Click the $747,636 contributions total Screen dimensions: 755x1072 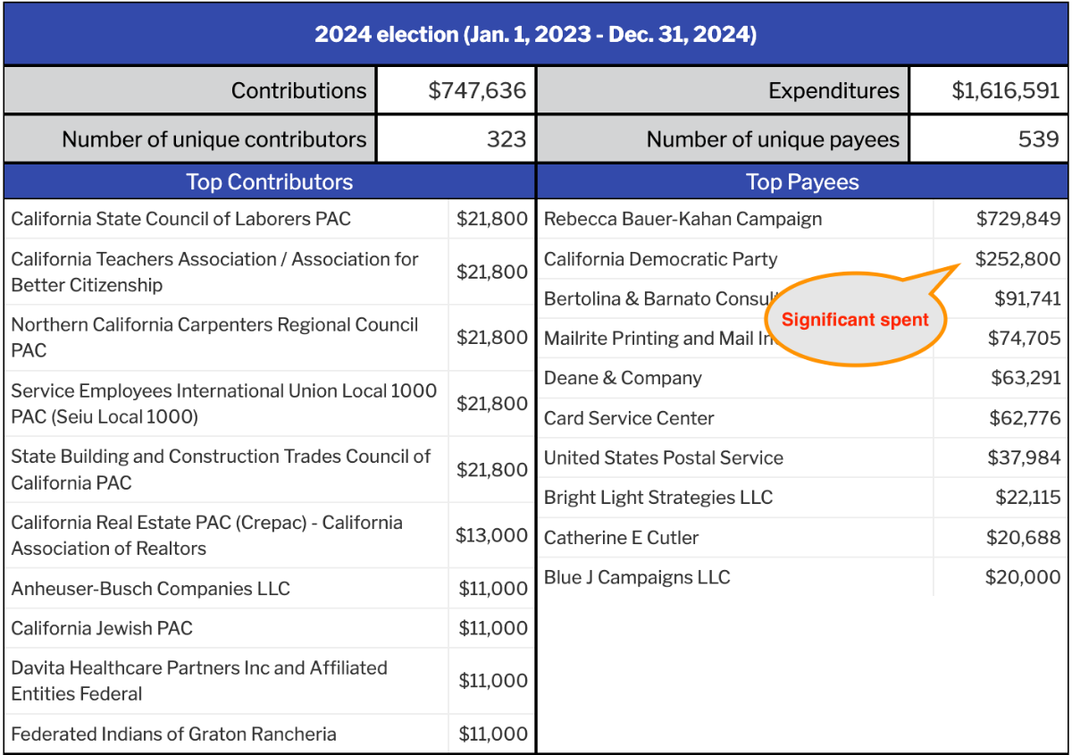tap(477, 90)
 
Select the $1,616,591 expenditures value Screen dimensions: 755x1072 tap(1005, 90)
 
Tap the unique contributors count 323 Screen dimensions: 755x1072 tap(507, 139)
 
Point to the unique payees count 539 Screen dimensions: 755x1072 tap(1040, 139)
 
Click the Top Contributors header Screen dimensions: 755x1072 tap(269, 182)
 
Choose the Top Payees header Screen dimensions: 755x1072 tap(802, 182)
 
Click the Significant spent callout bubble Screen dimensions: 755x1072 tap(855, 320)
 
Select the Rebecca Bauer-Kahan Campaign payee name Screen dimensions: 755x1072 tap(683, 219)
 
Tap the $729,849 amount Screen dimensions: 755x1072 tap(1018, 219)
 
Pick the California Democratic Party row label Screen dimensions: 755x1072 tap(660, 259)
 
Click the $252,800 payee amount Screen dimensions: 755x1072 tap(1018, 259)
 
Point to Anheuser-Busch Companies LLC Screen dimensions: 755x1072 tap(150, 589)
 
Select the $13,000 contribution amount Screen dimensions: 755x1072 tap(491, 535)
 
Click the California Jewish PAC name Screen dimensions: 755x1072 tap(102, 628)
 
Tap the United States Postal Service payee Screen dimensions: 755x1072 tap(664, 458)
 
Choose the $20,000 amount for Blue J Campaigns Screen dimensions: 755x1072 tap(1023, 577)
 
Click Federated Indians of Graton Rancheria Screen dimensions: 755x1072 tap(173, 734)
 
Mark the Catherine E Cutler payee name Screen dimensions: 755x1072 tap(621, 538)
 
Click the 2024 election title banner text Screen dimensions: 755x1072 tap(535, 35)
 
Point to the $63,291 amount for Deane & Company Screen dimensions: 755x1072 tap(1025, 378)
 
